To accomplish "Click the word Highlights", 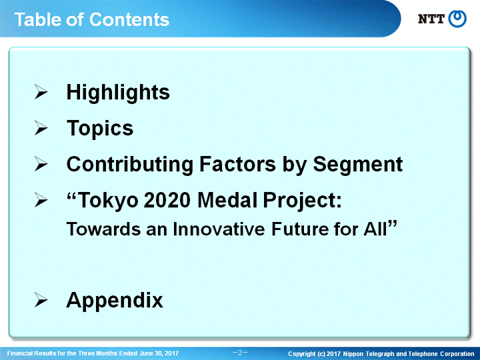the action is tap(118, 93).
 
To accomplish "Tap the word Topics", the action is tap(100, 128).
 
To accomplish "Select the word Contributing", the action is tap(129, 165).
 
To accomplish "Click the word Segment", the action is tap(357, 165).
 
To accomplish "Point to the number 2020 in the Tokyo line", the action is tap(167, 200).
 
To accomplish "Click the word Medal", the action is tap(227, 200).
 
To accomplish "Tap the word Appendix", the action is tap(115, 300).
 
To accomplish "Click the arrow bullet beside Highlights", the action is tap(41, 92).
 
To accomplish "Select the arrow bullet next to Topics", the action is tap(41, 128).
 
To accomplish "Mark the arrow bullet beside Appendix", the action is tap(41, 300).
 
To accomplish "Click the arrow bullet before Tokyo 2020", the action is tap(41, 200).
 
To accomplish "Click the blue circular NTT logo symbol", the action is tap(457, 19).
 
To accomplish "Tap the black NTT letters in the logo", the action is tap(431, 19).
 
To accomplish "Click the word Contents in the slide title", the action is tap(129, 19).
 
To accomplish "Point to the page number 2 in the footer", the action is tap(240, 353).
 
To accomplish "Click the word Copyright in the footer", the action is tap(301, 354).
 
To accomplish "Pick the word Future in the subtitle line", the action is tap(300, 229).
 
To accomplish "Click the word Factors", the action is tap(237, 165).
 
